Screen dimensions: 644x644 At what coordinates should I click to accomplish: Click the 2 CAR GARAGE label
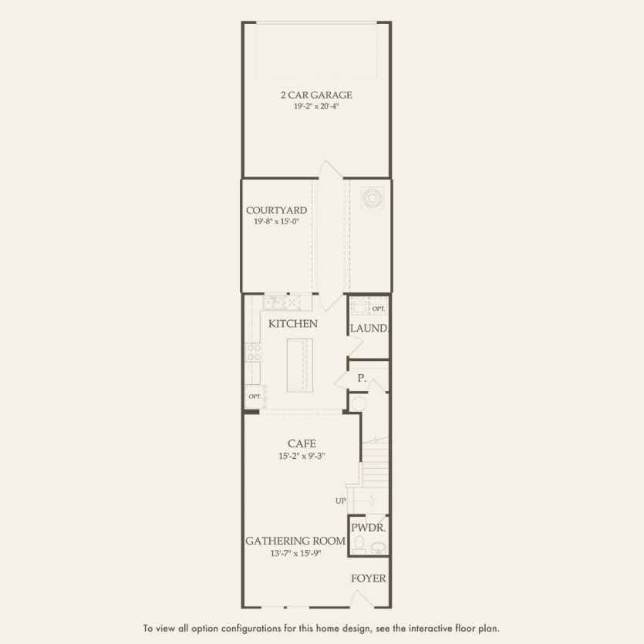tap(315, 95)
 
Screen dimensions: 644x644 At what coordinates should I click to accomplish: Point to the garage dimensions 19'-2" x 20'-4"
tap(315, 106)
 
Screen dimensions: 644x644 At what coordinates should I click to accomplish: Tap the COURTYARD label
tap(276, 210)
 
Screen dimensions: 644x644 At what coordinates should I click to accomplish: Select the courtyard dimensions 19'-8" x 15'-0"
tap(276, 221)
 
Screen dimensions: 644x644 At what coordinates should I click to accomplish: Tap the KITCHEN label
tap(292, 324)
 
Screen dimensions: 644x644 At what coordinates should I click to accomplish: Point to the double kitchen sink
tap(275, 302)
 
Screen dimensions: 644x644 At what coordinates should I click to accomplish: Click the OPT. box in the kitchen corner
tap(255, 396)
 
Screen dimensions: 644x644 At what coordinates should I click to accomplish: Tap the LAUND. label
tap(369, 329)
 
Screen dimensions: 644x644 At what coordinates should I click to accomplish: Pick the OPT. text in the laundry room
tap(378, 309)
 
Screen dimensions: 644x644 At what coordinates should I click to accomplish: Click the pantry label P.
tap(361, 379)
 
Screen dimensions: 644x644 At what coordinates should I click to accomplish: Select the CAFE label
tap(302, 443)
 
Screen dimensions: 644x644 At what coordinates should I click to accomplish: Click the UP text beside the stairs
tap(340, 501)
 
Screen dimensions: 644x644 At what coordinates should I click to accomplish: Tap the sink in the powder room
tap(379, 548)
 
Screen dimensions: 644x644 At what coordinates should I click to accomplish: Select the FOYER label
tap(368, 578)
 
